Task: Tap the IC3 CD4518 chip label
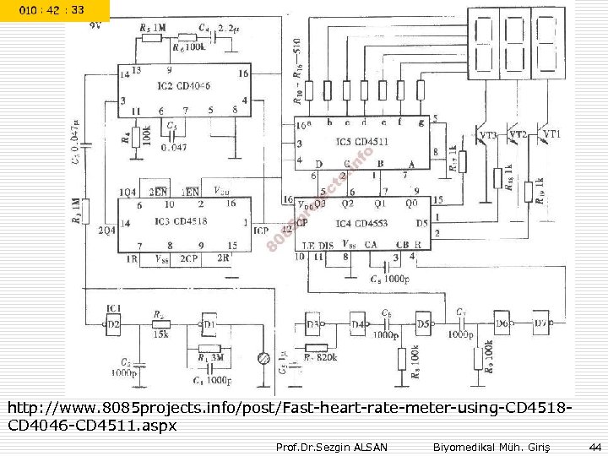coord(182,221)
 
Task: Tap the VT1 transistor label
coord(551,134)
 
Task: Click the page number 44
coord(594,446)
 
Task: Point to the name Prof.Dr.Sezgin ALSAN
coord(332,446)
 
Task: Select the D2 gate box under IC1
coord(112,323)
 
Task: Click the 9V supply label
coord(96,25)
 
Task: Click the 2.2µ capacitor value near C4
coord(227,29)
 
